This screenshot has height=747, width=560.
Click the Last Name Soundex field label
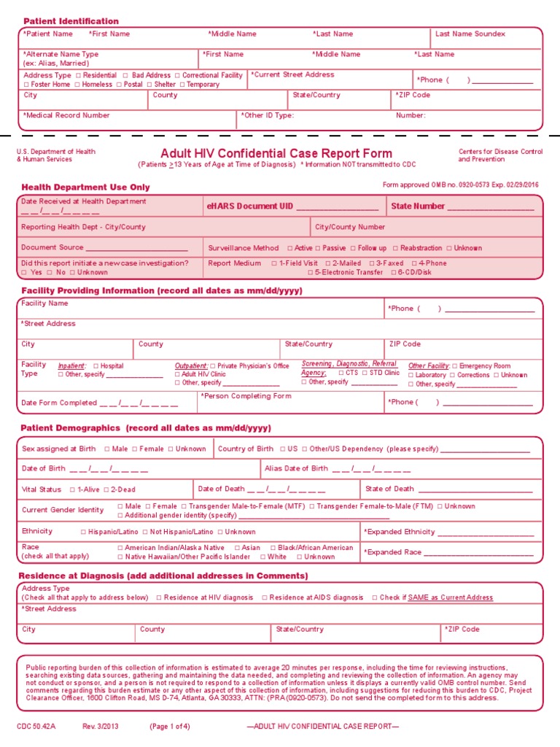click(470, 34)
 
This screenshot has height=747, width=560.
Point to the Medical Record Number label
click(66, 115)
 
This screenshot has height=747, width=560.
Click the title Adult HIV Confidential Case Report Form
click(276, 153)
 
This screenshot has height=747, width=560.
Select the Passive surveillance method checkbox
click(317, 248)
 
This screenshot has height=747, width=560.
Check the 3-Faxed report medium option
click(372, 263)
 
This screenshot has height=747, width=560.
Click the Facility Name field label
click(44, 303)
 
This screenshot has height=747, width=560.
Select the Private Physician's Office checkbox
click(213, 366)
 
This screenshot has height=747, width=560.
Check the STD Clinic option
click(365, 372)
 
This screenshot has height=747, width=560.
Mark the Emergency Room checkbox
click(455, 366)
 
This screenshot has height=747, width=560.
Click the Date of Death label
click(221, 489)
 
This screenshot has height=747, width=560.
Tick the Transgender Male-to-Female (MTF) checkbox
click(184, 506)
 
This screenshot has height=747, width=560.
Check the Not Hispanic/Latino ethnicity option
click(145, 533)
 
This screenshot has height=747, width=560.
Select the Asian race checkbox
click(237, 548)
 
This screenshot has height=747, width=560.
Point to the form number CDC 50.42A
click(36, 727)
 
